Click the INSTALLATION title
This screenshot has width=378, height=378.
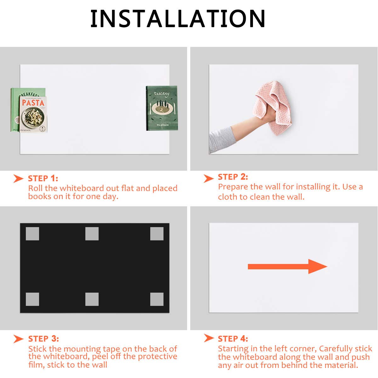point(178,19)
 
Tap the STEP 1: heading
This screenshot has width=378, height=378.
point(43,179)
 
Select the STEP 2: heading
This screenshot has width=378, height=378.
point(233,177)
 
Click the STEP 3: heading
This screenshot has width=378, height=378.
point(43,339)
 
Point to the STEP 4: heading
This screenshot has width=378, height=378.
point(233,339)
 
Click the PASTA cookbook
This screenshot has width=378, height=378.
point(33,114)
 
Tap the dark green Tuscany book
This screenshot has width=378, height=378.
point(162,108)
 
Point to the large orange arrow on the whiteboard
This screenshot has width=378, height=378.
point(288,266)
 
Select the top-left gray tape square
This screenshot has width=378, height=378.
point(32,234)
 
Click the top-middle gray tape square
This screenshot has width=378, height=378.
point(92,234)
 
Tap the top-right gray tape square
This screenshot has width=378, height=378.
point(157,234)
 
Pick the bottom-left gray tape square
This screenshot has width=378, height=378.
point(32,299)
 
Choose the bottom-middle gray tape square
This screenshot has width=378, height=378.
point(92,299)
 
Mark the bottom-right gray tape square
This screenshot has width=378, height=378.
point(157,299)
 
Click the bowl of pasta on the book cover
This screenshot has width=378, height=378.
point(33,117)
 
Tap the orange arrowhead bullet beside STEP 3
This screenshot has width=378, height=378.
point(19,339)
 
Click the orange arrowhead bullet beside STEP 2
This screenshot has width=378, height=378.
point(209,178)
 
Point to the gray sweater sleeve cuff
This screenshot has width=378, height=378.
point(227,136)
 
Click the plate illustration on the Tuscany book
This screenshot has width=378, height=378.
point(162,109)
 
